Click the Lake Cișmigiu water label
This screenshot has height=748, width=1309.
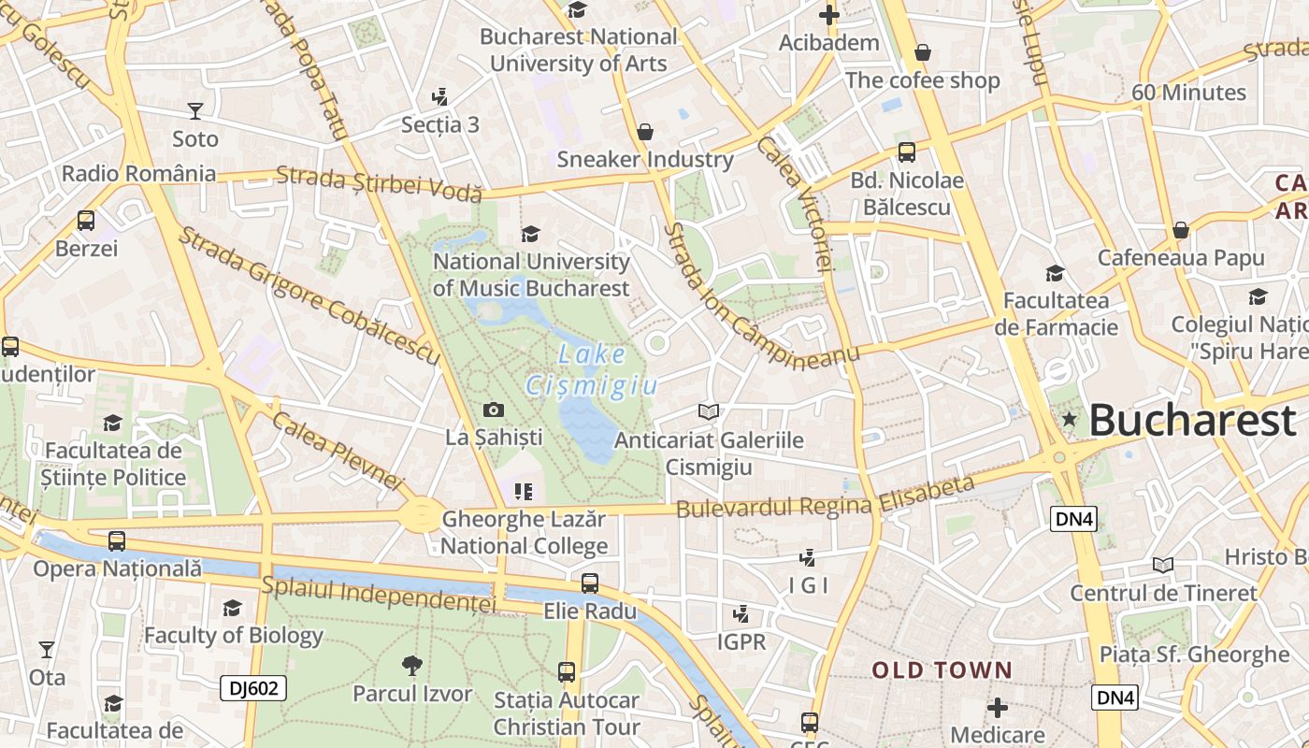click(x=592, y=370)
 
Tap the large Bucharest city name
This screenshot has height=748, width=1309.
click(x=1192, y=421)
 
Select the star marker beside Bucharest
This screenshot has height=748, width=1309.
click(x=1070, y=420)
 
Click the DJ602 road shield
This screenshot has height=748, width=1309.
click(x=252, y=689)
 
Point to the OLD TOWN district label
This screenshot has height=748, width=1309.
click(x=942, y=670)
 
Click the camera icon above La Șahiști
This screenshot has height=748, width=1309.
click(x=493, y=410)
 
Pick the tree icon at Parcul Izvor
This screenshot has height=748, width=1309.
click(x=411, y=666)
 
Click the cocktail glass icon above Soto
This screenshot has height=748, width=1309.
click(x=194, y=111)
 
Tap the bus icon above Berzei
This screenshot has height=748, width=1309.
click(x=86, y=221)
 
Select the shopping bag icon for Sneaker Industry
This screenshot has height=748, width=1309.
click(x=644, y=132)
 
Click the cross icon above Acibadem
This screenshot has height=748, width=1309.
click(x=828, y=15)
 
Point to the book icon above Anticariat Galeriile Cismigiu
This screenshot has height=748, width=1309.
click(x=709, y=411)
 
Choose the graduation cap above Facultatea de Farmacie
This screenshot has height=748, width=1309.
click(x=1055, y=273)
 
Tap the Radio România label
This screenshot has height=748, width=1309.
click(x=138, y=174)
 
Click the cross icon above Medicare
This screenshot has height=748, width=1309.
click(x=998, y=707)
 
